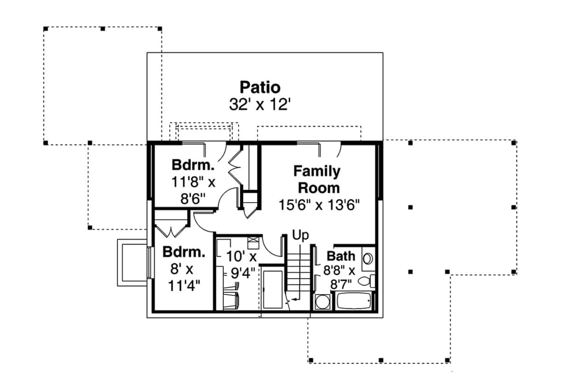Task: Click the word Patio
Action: click(260, 87)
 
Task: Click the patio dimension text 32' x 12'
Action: click(260, 104)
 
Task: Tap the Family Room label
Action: click(317, 179)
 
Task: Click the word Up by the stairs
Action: click(301, 236)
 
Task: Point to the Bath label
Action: click(341, 256)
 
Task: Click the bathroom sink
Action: click(367, 258)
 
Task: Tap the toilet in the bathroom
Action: click(366, 280)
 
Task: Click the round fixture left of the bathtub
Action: click(323, 302)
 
